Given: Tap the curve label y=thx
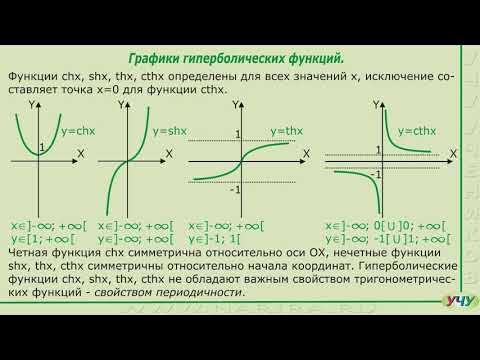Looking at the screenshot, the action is point(288,131).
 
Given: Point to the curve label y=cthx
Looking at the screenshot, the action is point(419,131).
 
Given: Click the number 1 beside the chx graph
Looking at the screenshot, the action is point(41,149).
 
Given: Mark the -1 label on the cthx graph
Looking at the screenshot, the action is point(375,174).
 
